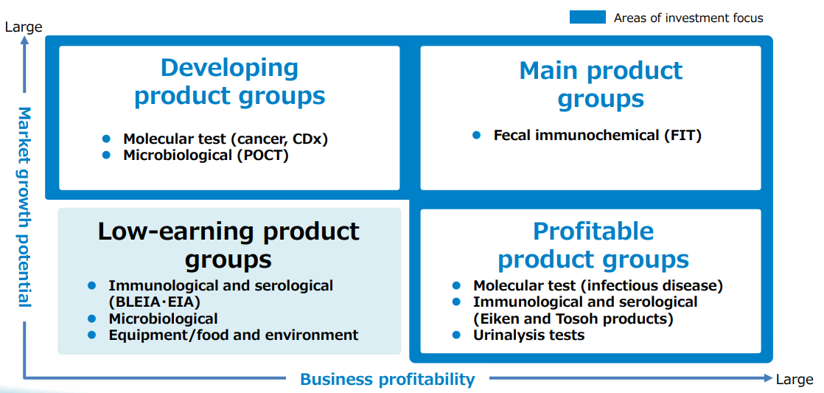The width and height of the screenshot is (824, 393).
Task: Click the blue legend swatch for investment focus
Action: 587,18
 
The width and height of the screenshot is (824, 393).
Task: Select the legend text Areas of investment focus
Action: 688,18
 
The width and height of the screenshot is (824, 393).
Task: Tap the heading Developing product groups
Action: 230,82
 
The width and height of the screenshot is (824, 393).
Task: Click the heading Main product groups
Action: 601,85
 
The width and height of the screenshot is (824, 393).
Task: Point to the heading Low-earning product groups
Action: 228,246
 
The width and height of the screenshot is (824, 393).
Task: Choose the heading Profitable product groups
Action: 593,246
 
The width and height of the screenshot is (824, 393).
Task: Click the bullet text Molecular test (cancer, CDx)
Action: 226,139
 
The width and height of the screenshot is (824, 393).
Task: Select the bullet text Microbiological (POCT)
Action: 206,156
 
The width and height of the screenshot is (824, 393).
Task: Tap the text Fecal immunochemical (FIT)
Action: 598,136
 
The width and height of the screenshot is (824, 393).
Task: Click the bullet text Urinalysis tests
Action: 528,335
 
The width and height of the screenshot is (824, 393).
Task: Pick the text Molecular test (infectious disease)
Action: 598,286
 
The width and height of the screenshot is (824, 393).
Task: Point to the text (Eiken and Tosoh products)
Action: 573,319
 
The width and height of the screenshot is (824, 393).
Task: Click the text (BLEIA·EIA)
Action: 155,302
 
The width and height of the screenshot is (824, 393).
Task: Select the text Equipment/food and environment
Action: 234,335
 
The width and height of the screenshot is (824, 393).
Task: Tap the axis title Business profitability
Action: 387,379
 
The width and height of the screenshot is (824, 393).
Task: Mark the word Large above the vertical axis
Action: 24,27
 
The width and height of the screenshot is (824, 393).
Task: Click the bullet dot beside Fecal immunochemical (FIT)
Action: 477,135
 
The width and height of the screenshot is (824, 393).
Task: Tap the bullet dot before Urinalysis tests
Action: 456,334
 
